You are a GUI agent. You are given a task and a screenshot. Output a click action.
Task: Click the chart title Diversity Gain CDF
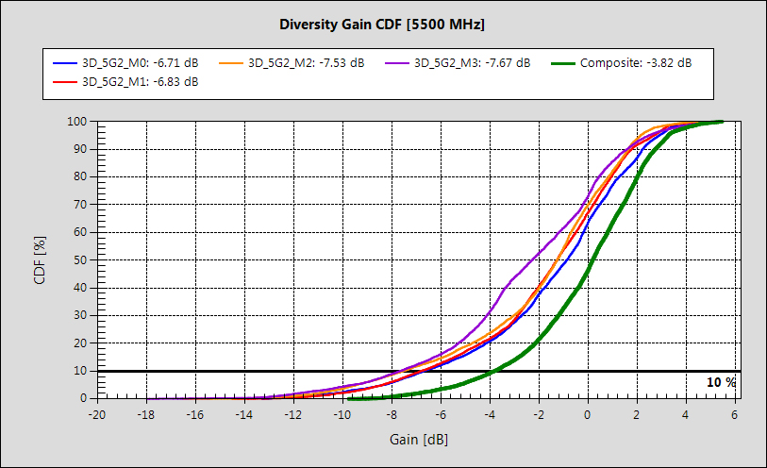coord(383,23)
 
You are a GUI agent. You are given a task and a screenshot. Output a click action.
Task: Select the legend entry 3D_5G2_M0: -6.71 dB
coord(141,63)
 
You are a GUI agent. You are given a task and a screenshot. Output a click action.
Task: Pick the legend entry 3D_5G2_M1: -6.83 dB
coord(141,82)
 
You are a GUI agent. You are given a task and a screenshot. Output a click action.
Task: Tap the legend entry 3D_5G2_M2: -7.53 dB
coord(306,63)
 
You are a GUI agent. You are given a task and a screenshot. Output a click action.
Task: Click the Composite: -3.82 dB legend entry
coord(636,63)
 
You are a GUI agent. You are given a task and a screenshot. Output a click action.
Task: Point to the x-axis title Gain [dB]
coord(416,440)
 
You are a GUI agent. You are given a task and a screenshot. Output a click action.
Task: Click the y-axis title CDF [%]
coord(40,259)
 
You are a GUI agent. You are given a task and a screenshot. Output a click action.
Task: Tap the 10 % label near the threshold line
coord(721,382)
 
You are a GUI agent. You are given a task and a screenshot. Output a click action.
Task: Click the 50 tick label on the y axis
coord(80,259)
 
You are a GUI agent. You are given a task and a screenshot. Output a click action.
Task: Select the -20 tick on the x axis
coord(96,414)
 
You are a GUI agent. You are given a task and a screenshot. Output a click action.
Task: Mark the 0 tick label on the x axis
coord(588,414)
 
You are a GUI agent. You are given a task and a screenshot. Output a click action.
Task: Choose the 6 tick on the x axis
coord(735,414)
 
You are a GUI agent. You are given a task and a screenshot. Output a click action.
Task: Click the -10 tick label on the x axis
coord(342,414)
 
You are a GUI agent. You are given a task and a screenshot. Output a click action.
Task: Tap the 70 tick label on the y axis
coord(80,204)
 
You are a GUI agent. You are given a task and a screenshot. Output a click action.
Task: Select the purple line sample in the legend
coord(396,63)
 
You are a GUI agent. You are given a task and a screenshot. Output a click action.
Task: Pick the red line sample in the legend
coord(64,82)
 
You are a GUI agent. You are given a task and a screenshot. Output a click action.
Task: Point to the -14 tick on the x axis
coord(243,414)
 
